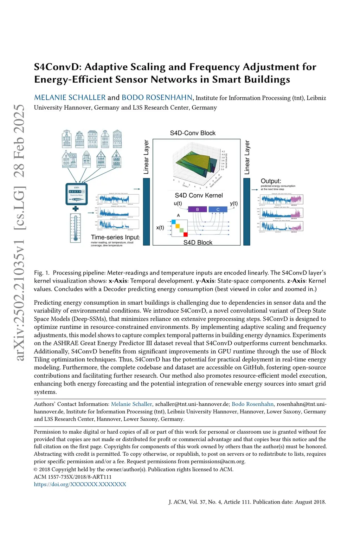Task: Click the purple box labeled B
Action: click(197, 209)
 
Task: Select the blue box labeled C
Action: click(218, 209)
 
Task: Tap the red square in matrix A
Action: click(185, 234)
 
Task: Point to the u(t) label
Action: click(178, 203)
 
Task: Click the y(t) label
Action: click(234, 203)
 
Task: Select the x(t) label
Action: click(160, 228)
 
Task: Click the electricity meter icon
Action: click(77, 194)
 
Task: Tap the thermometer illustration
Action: click(75, 228)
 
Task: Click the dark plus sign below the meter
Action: click(75, 209)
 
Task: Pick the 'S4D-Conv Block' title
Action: click(193, 133)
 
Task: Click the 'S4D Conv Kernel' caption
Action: click(199, 195)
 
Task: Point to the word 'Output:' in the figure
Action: click(271, 181)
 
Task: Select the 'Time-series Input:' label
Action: click(115, 237)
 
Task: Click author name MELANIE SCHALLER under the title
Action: click(70, 98)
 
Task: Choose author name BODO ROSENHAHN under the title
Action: click(157, 98)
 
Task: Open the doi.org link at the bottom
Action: click(80, 484)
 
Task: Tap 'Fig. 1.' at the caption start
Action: click(42, 273)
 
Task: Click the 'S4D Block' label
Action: click(198, 242)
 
